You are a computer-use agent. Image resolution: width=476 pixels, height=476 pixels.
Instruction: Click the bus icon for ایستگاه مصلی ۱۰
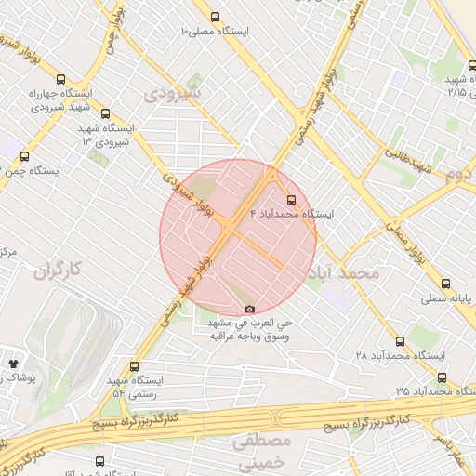click(216, 17)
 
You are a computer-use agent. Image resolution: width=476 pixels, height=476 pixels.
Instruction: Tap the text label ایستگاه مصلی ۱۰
click(216, 32)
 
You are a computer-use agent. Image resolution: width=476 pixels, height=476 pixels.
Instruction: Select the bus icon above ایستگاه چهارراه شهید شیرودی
click(61, 80)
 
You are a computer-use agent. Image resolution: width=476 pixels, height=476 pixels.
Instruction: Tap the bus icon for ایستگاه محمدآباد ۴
click(292, 199)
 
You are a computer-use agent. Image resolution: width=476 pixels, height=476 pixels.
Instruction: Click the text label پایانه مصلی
click(450, 298)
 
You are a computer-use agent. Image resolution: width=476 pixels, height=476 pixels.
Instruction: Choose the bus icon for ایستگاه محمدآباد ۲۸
click(400, 341)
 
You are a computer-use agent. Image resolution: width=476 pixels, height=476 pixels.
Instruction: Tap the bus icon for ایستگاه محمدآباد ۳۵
click(441, 377)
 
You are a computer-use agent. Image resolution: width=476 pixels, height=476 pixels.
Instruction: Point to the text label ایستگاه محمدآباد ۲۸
click(401, 356)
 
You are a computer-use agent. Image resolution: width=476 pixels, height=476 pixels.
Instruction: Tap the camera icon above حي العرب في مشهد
click(248, 310)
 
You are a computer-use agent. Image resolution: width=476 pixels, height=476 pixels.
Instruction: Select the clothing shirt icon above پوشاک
click(13, 363)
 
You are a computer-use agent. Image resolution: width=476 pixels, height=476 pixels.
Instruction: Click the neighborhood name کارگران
click(59, 271)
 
